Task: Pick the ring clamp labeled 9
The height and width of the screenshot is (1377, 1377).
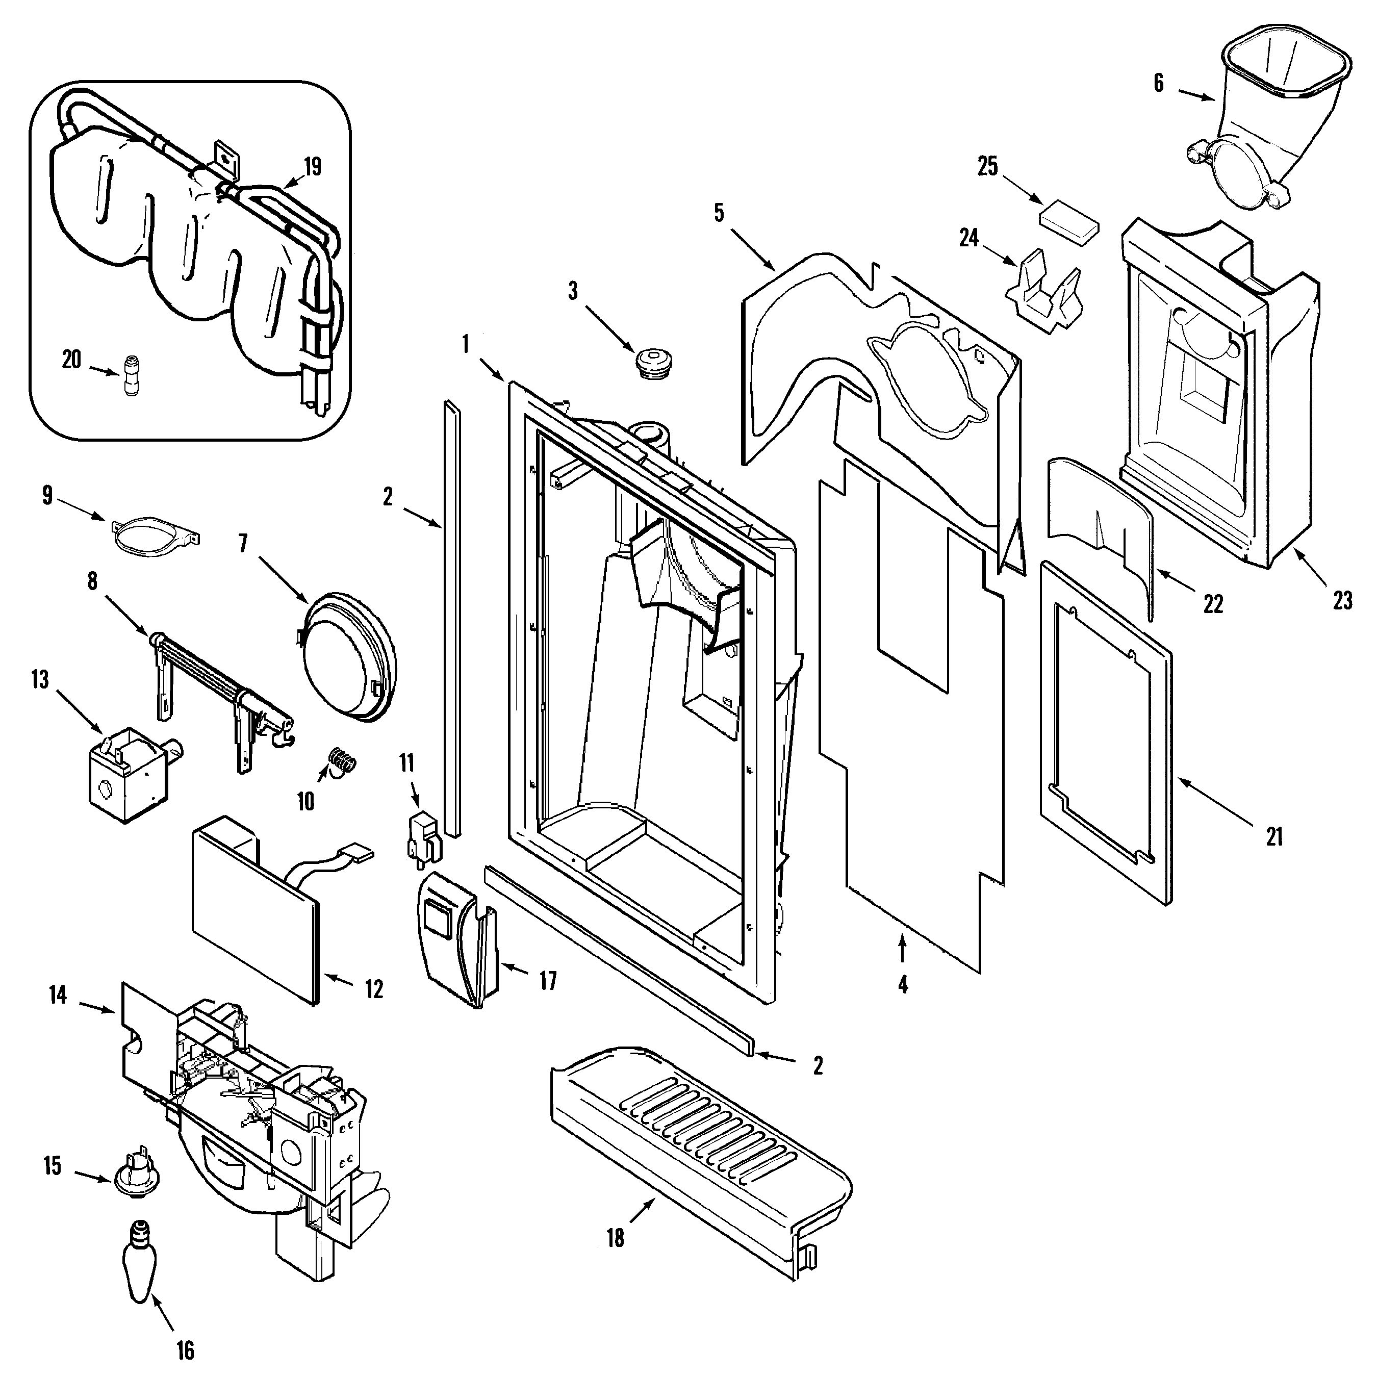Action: tap(156, 540)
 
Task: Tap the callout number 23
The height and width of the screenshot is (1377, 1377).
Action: tap(1342, 601)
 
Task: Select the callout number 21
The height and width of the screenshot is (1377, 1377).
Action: tap(1274, 836)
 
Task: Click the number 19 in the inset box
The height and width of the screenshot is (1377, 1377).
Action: tap(312, 166)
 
